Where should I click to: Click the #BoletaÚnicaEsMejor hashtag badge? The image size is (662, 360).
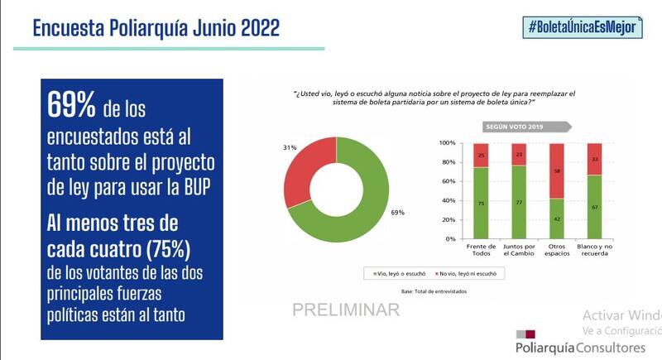(583, 26)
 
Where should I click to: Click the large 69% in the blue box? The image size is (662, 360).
(71, 105)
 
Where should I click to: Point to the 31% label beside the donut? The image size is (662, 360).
(290, 148)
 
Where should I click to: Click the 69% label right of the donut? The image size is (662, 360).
(397, 213)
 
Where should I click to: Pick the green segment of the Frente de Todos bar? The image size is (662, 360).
(481, 203)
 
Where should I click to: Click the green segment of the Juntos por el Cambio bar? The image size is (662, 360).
(518, 202)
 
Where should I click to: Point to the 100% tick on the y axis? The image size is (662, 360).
(447, 143)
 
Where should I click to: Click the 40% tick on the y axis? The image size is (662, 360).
(449, 200)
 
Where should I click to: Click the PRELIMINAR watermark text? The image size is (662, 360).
(346, 310)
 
